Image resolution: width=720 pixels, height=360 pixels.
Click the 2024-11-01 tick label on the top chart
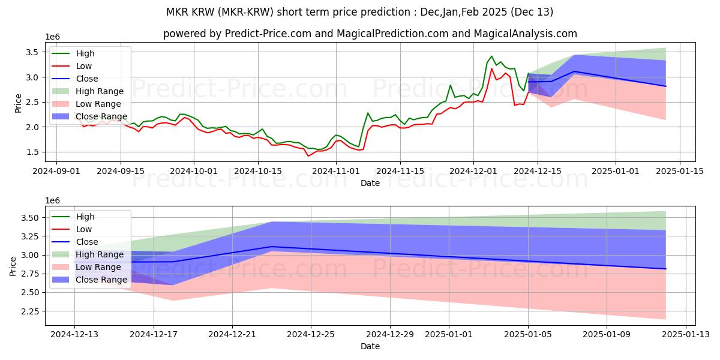[x=335, y=171]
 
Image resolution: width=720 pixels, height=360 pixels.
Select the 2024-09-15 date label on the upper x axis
[x=121, y=171]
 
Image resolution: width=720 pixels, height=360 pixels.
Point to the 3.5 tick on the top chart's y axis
[x=33, y=52]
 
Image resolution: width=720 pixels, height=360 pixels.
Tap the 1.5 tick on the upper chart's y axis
[x=33, y=152]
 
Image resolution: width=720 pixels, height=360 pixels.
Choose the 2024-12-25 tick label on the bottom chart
[x=311, y=334]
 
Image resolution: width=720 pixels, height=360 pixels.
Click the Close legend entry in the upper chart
[x=87, y=79]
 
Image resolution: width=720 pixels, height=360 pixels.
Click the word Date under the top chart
[x=370, y=183]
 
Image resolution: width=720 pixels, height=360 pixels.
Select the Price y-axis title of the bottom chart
[x=13, y=266]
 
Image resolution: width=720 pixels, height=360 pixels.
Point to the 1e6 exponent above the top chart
[x=53, y=37]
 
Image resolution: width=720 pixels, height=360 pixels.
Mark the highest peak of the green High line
[x=492, y=56]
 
